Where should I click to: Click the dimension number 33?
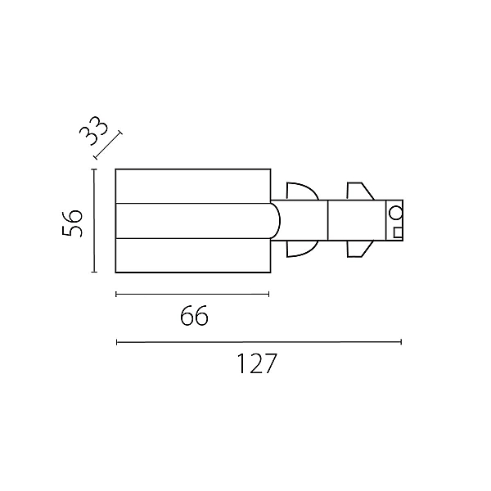[93, 131]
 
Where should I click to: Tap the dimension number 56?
[72, 223]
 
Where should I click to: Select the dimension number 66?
[194, 315]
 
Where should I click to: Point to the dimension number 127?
[257, 363]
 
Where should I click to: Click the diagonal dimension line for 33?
[108, 146]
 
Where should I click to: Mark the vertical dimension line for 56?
[93, 220]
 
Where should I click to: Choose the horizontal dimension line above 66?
[192, 294]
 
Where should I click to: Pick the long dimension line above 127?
[259, 342]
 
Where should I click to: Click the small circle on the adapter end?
[395, 213]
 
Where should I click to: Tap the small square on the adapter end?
[398, 233]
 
